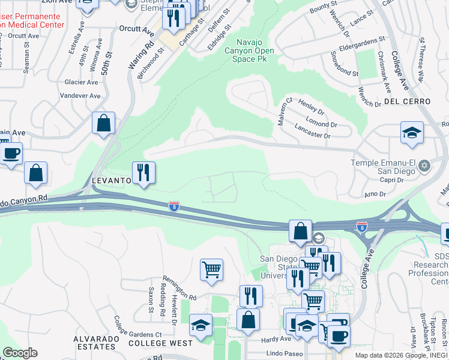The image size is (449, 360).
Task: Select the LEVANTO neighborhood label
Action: tap(111, 180)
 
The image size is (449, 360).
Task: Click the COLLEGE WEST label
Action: tap(160, 343)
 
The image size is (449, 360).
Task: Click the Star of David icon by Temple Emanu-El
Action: tap(424, 164)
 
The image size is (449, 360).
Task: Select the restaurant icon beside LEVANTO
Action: tap(143, 173)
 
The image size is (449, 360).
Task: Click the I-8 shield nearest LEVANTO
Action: tap(173, 205)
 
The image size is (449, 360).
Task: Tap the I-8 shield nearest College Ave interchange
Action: tap(361, 227)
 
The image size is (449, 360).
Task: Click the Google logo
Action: tap(20, 353)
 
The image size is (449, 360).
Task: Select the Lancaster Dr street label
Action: tap(313, 131)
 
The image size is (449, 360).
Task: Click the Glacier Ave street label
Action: tap(83, 82)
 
